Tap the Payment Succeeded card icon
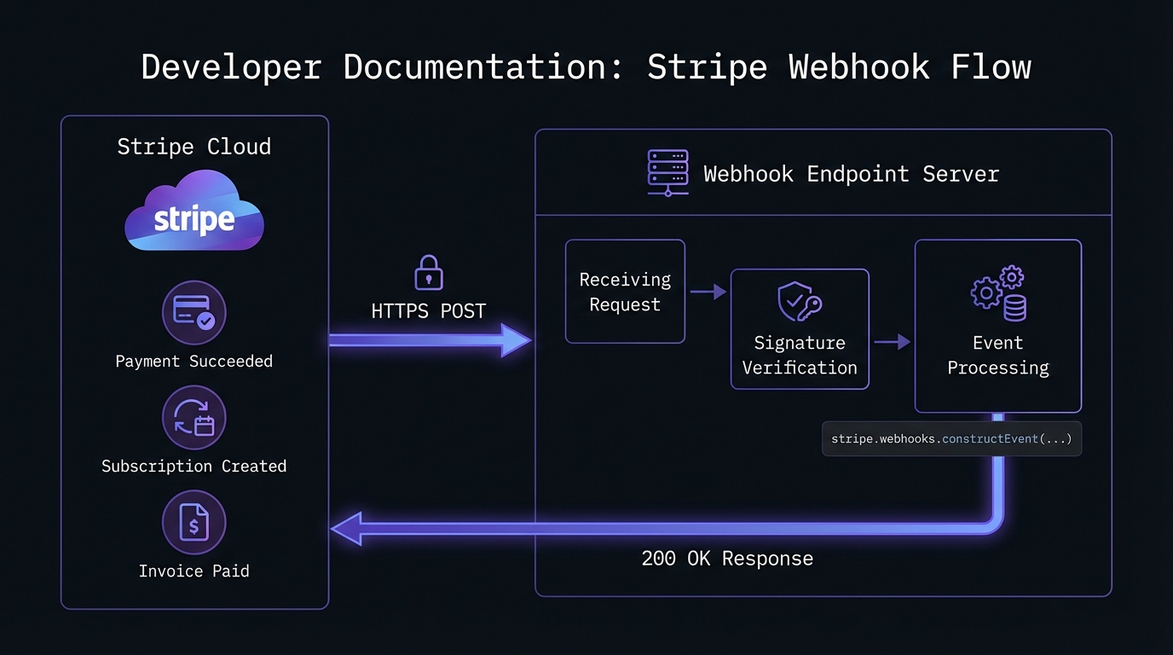click(194, 313)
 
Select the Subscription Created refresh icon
click(194, 418)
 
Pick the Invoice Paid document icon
click(194, 523)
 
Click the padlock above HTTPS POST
click(428, 274)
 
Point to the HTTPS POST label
click(428, 311)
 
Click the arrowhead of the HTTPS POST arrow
click(515, 339)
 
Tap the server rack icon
click(667, 173)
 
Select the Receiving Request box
click(625, 292)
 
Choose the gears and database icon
click(998, 294)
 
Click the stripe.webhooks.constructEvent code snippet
click(951, 439)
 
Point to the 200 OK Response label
click(727, 559)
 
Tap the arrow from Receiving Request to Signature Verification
click(708, 293)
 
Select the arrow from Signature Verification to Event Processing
click(892, 342)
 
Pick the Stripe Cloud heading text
click(194, 147)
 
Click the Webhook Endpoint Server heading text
click(851, 174)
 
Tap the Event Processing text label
click(998, 356)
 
